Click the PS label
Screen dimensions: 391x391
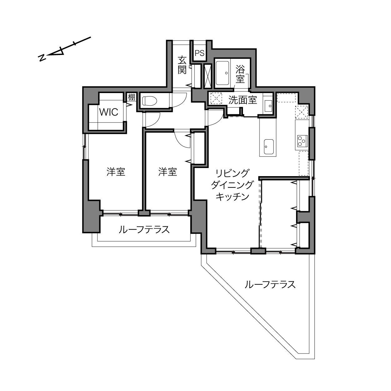coord(200,53)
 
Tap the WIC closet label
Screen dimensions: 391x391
coord(109,112)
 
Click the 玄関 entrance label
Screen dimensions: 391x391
coord(182,65)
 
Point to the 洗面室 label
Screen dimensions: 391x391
coord(243,100)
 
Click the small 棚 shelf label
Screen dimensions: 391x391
coord(131,97)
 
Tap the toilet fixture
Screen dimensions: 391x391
coord(150,101)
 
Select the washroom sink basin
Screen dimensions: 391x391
coord(269,106)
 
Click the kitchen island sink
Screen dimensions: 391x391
coord(269,147)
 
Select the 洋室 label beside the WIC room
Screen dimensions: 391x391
coord(116,172)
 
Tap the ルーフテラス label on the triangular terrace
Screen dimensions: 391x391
coord(270,285)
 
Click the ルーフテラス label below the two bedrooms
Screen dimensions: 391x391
coord(144,230)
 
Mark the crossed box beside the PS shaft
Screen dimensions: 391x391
coord(208,76)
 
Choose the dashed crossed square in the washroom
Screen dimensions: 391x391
coord(216,98)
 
